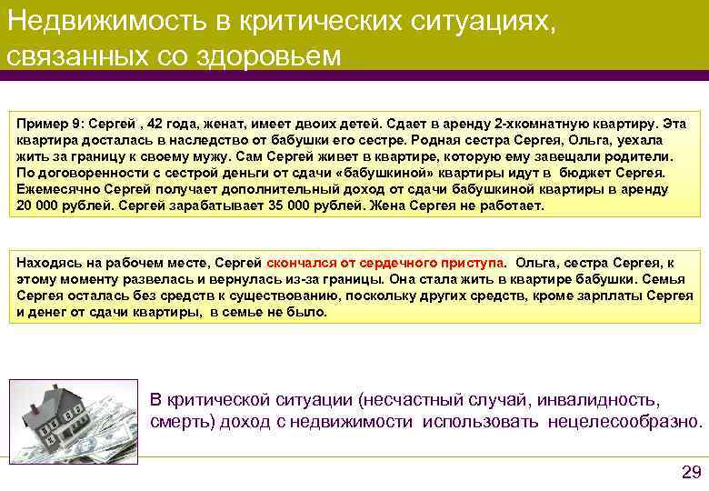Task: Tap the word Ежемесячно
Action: point(57,189)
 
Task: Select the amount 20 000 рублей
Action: point(58,205)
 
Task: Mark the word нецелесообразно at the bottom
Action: point(624,422)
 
